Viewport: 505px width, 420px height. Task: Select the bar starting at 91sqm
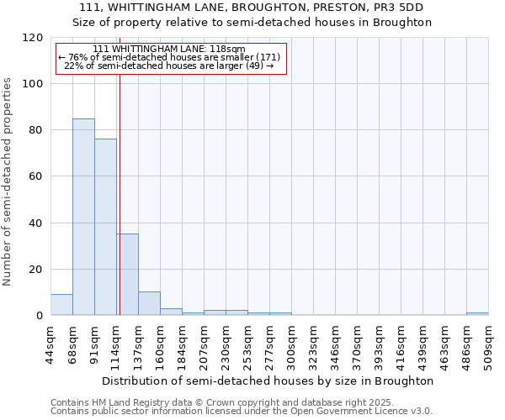coord(105,227)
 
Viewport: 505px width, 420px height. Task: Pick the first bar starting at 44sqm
coord(61,305)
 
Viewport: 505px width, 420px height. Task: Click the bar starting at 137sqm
coord(149,303)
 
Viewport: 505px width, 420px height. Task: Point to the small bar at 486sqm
coord(477,313)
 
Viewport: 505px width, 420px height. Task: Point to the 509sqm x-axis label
coord(488,346)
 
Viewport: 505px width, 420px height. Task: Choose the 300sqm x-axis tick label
coord(291,346)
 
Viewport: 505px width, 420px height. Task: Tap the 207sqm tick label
coord(204,346)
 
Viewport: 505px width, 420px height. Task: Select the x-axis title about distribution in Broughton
coord(268,381)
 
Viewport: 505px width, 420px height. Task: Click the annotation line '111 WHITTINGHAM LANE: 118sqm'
coord(169,49)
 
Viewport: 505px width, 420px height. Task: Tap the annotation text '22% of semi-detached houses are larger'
coord(169,66)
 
